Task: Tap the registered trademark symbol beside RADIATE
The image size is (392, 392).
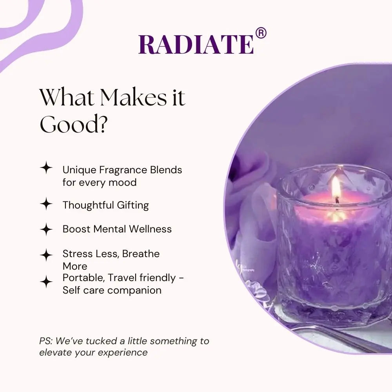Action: click(x=261, y=33)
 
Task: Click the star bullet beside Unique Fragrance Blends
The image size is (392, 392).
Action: click(x=46, y=169)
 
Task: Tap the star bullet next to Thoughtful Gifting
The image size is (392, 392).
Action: click(x=46, y=204)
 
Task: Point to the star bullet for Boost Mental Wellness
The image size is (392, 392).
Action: click(x=46, y=229)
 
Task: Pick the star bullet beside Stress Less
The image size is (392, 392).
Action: click(x=46, y=255)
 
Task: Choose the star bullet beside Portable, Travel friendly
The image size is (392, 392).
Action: click(x=46, y=281)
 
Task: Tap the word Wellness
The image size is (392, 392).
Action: click(x=151, y=229)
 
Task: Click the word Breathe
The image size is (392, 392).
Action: click(x=141, y=254)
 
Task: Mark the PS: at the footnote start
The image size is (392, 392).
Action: click(x=46, y=341)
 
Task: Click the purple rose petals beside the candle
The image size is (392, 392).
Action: click(x=251, y=184)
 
